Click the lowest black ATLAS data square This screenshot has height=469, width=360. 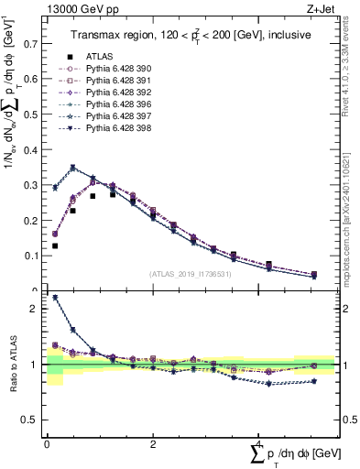click(x=55, y=246)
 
